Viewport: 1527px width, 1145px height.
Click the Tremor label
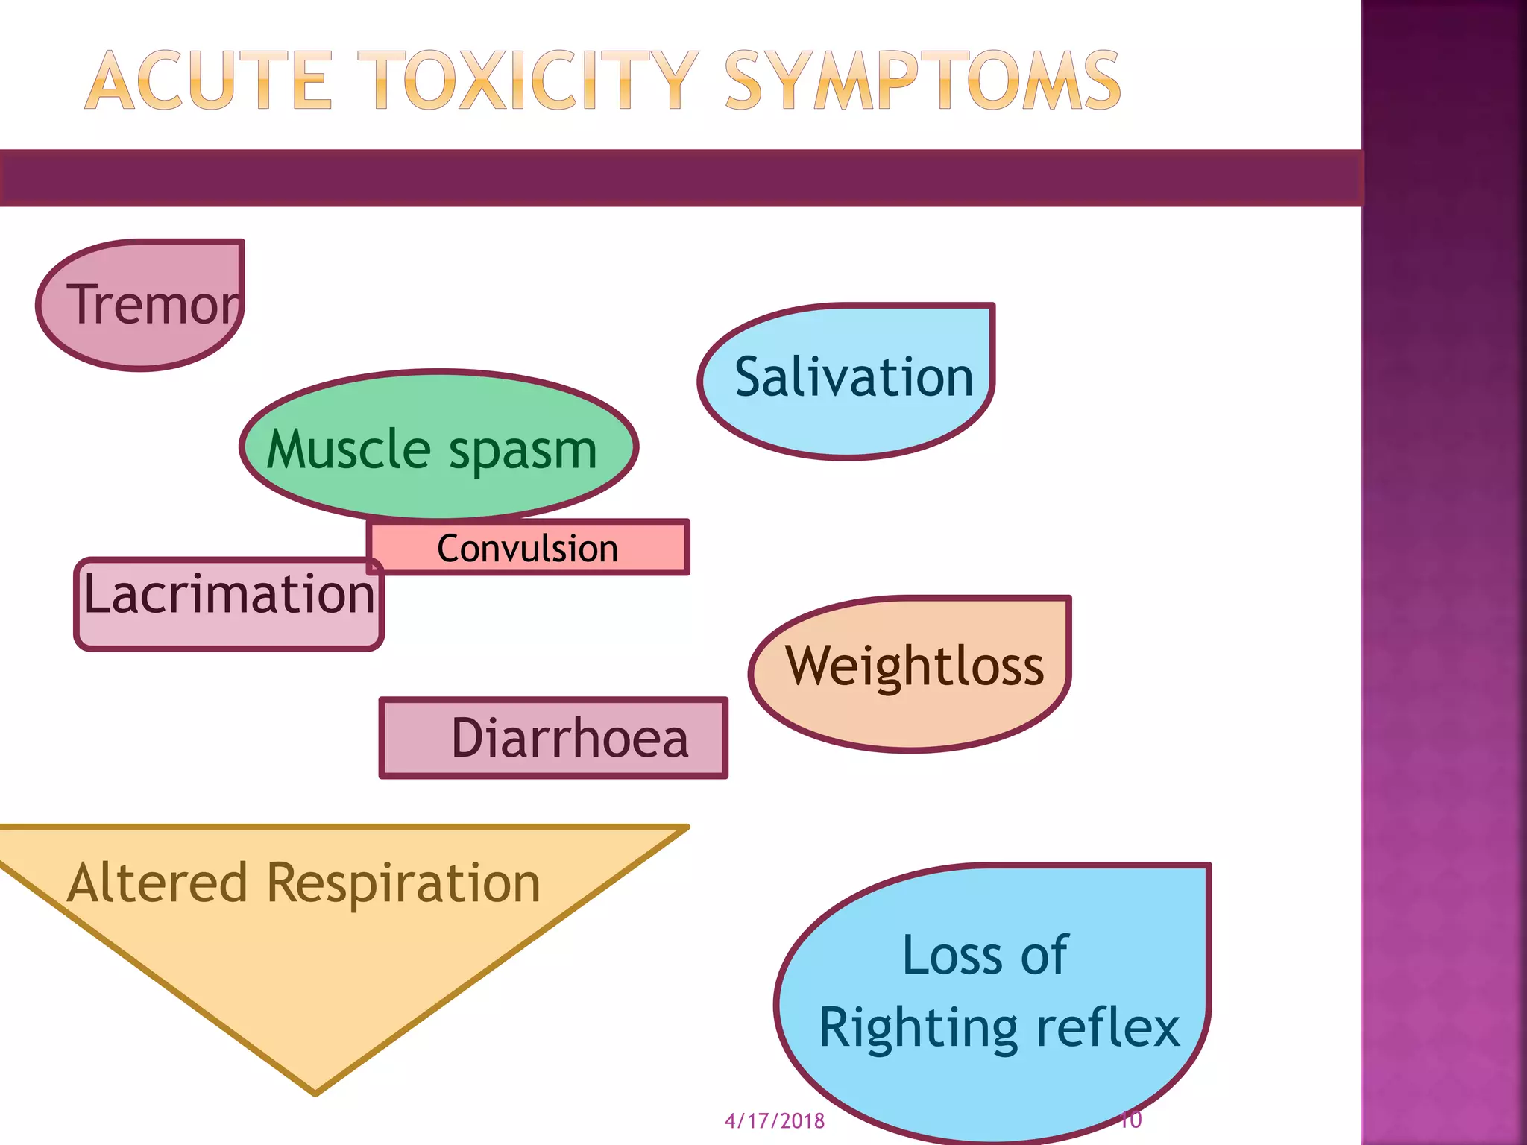[154, 305]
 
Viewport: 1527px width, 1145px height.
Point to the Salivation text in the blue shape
[854, 377]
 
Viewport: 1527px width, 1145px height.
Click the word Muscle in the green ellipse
[348, 450]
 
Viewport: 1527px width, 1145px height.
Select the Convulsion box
[528, 549]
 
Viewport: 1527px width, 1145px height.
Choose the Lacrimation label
[229, 595]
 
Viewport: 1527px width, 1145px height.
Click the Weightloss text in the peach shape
[915, 666]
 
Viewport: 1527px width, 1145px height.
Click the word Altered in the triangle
[157, 883]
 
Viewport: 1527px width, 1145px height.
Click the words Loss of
[984, 955]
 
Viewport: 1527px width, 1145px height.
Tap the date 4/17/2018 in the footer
[774, 1121]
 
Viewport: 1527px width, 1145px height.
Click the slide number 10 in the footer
[1131, 1120]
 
